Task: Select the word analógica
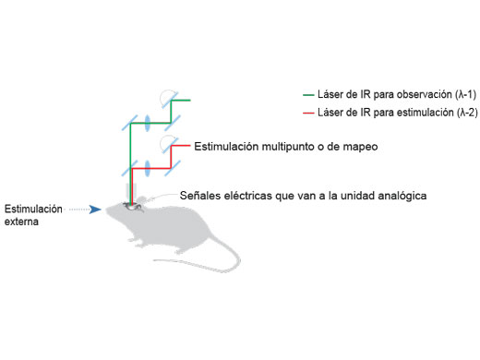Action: pos(402,196)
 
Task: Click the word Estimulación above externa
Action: pos(33,210)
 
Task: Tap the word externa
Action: pos(23,222)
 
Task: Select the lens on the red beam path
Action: pos(149,169)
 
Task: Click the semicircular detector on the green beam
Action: pos(167,96)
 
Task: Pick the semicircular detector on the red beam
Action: pos(167,143)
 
